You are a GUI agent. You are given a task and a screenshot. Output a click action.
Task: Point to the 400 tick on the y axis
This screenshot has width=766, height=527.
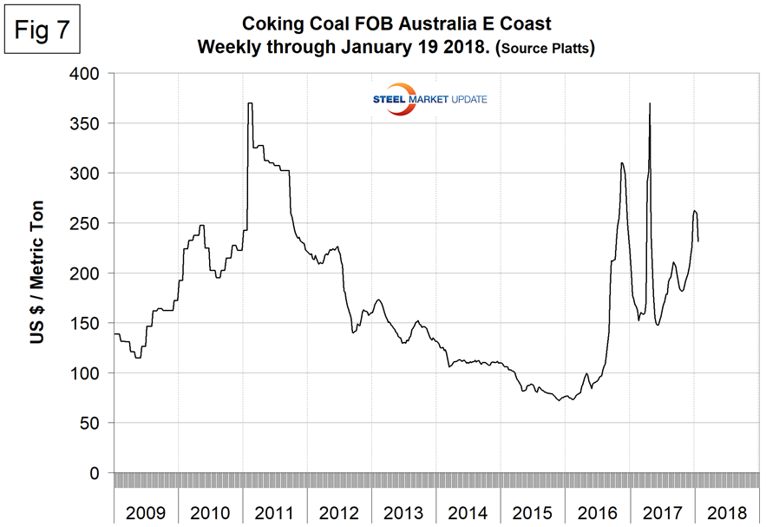89,74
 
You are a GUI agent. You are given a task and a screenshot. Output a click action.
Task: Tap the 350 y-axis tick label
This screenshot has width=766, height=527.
89,123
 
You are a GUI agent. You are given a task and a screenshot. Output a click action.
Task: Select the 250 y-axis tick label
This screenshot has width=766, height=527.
89,223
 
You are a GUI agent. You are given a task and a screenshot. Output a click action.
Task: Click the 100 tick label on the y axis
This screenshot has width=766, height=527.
89,373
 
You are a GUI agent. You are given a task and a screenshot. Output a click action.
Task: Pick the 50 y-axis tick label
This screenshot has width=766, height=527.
94,423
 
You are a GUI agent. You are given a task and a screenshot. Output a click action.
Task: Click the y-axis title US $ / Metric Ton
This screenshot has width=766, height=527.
37,274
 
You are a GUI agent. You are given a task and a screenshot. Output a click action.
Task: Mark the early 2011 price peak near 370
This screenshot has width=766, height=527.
250,104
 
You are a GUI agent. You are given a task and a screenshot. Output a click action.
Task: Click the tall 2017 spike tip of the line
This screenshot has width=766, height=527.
650,104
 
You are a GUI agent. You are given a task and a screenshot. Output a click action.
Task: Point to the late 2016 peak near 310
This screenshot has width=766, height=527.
622,163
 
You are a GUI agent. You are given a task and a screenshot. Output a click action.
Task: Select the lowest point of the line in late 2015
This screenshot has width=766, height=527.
559,400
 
